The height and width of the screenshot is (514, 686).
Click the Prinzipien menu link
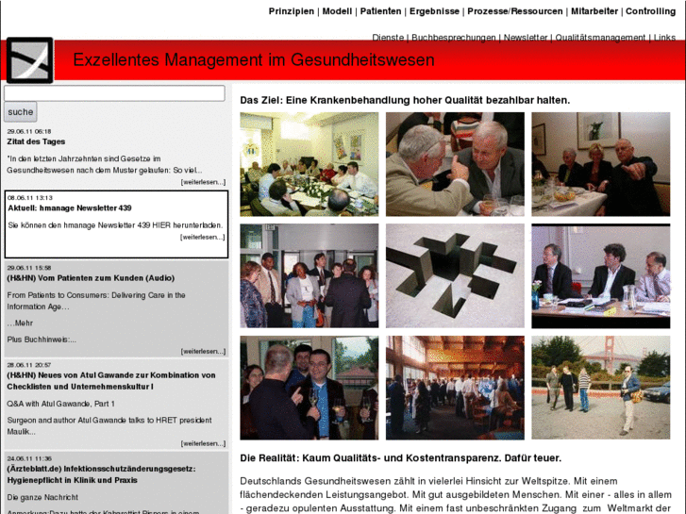pyautogui.click(x=292, y=11)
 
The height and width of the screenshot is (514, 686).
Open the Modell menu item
pyautogui.click(x=337, y=11)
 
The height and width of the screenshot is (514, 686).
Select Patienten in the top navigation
pyautogui.click(x=380, y=11)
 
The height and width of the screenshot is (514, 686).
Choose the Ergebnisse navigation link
pyautogui.click(x=434, y=11)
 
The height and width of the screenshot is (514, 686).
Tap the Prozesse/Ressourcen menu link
pyautogui.click(x=515, y=11)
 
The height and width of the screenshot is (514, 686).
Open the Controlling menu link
pyautogui.click(x=650, y=11)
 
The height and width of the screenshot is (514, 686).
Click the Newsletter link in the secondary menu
pyautogui.click(x=525, y=38)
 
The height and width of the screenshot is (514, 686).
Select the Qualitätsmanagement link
pyautogui.click(x=600, y=38)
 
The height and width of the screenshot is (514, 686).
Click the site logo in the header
pyautogui.click(x=29, y=60)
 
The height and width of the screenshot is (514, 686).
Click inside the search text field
pyautogui.click(x=114, y=93)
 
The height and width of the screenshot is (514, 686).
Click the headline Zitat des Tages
pyautogui.click(x=36, y=141)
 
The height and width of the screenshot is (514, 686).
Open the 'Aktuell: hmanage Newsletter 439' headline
pyautogui.click(x=70, y=207)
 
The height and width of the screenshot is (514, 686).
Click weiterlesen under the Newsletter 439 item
pyautogui.click(x=203, y=237)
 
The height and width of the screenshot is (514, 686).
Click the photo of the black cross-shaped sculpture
pyautogui.click(x=455, y=275)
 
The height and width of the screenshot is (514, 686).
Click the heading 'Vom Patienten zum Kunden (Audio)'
pyautogui.click(x=91, y=278)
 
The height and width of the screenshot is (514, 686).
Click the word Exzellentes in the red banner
pyautogui.click(x=116, y=60)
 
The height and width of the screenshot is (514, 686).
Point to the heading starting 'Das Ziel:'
pyautogui.click(x=405, y=99)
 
